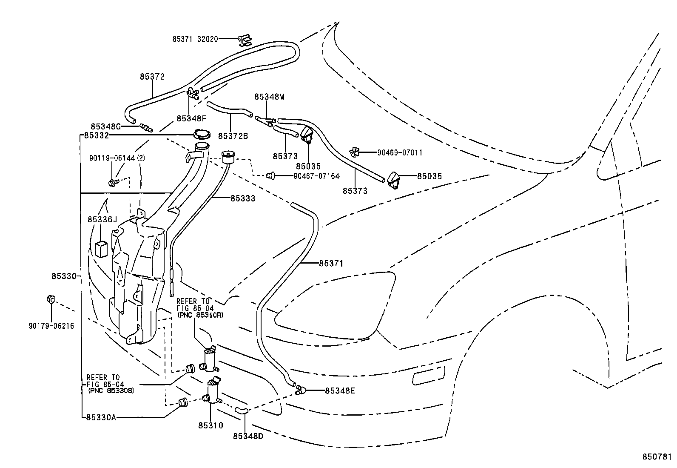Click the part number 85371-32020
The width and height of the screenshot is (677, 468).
[195, 39]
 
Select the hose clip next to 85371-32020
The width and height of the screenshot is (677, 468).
[245, 40]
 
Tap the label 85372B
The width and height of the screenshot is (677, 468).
[233, 136]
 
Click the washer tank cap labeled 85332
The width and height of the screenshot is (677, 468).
[201, 135]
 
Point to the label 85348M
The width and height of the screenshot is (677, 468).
[269, 97]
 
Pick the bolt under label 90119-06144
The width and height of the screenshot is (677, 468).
[112, 183]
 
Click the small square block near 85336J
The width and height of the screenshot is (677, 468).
[101, 249]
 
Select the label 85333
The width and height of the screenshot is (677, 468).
[243, 198]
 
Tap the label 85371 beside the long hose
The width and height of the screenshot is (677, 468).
[331, 264]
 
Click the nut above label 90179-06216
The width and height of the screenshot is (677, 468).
[50, 299]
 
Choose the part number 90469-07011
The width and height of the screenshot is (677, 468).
[400, 152]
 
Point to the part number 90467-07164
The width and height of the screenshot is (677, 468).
[316, 175]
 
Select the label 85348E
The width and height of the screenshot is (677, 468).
[340, 390]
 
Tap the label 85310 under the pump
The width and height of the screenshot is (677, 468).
[210, 425]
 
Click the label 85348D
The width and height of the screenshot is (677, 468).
[248, 436]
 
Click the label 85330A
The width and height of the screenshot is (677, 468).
[100, 417]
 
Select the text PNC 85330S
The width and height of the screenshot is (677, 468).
[111, 390]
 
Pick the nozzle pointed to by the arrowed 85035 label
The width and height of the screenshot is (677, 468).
[393, 180]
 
